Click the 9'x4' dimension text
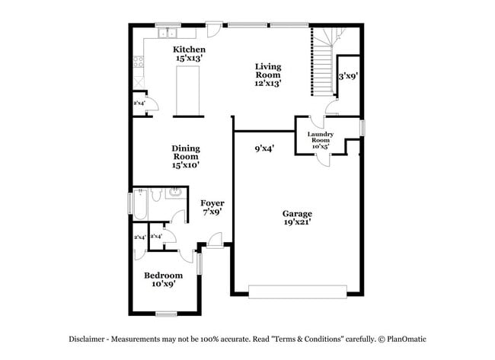pos(264,149)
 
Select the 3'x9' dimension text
pos(348,75)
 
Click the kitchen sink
pos(166,33)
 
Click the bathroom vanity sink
pos(174,193)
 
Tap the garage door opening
pos(298,291)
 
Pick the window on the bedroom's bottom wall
pos(166,313)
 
